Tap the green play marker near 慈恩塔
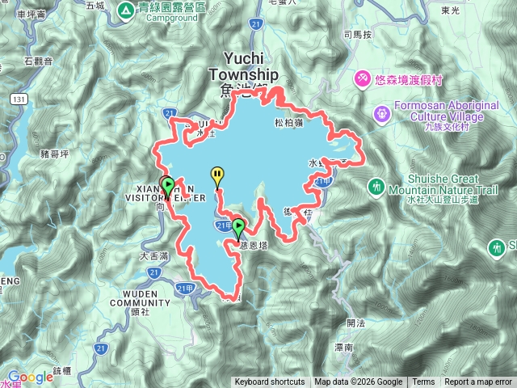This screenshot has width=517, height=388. coord(238,226)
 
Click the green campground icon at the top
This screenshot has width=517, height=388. coord(126,11)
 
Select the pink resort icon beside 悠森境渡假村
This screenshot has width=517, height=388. coord(364,78)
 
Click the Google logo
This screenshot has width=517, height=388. coord(30,377)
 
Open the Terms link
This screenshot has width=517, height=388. coord(423,382)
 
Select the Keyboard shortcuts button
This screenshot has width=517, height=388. coord(270,382)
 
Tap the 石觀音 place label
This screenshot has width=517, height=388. coord(38,61)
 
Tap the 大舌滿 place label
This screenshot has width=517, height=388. coord(153,255)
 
